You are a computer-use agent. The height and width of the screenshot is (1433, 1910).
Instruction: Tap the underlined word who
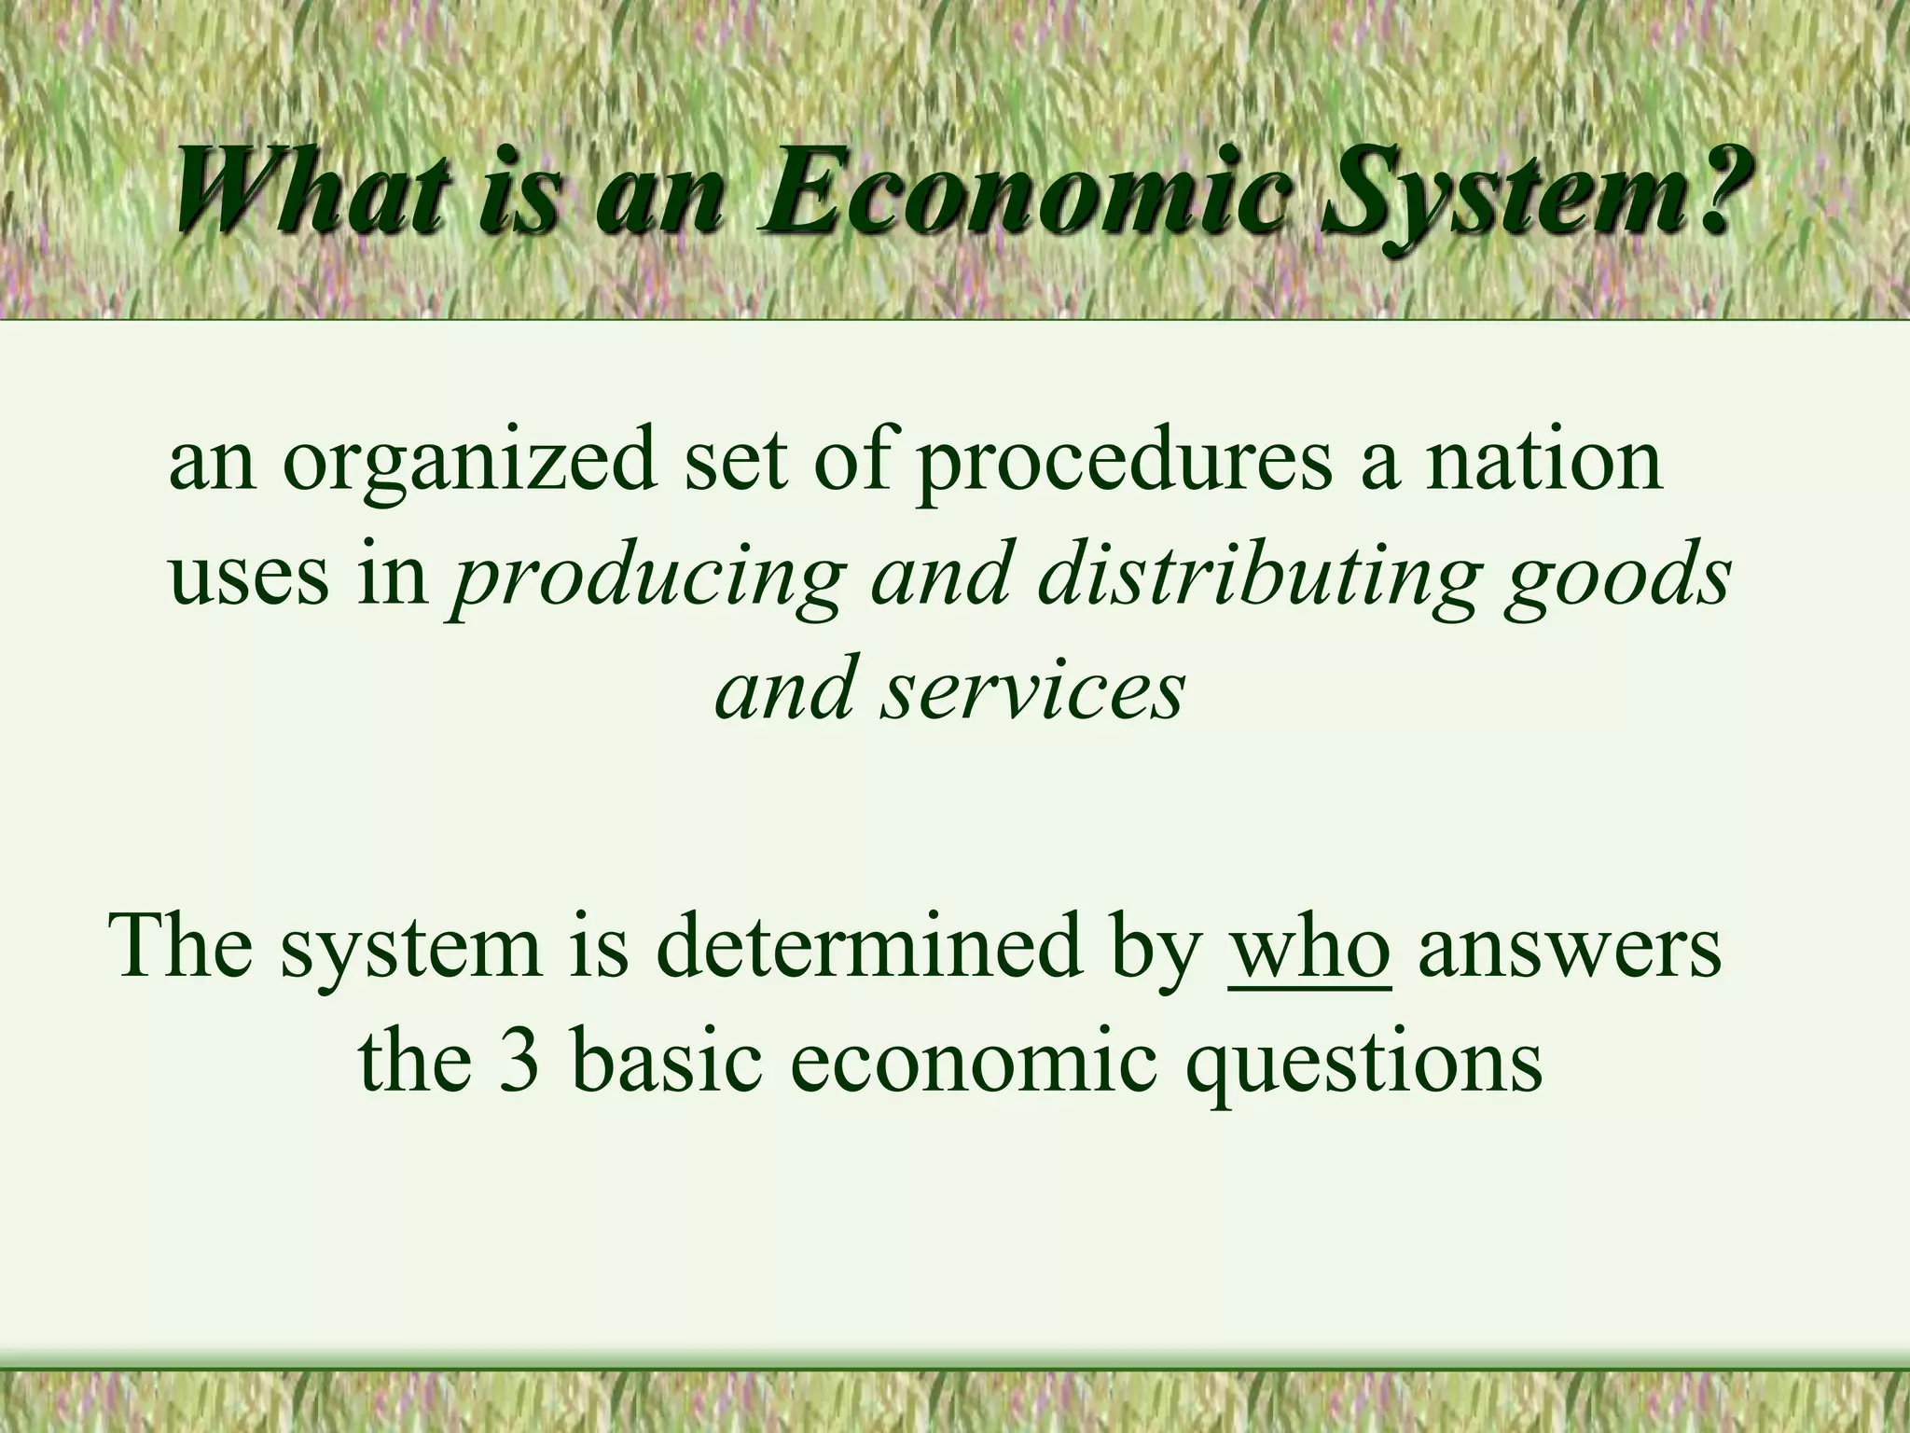1310,947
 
